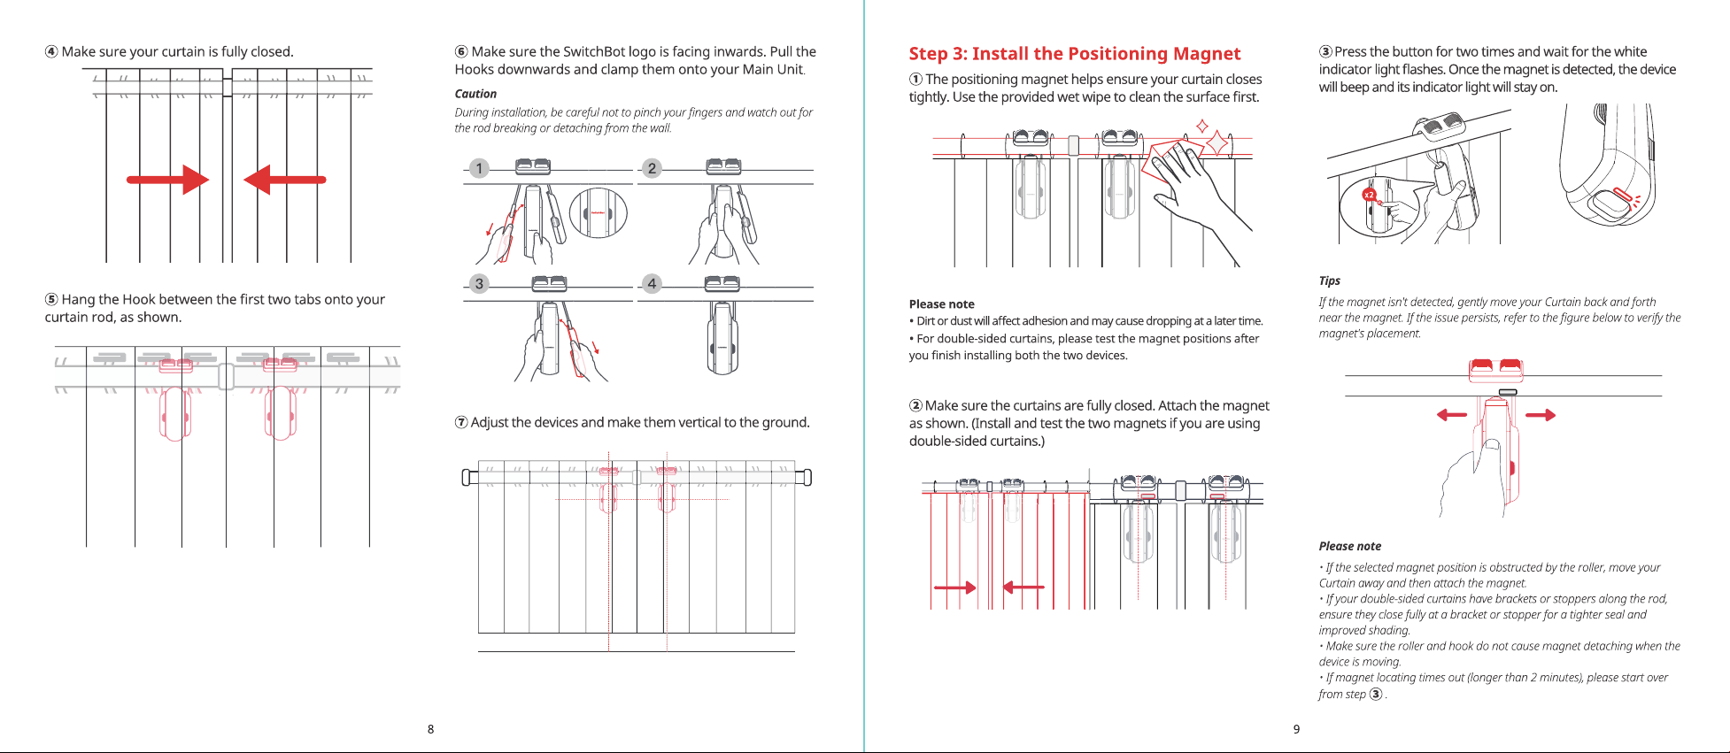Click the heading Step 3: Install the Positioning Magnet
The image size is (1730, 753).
tap(1074, 54)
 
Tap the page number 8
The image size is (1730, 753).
tap(430, 729)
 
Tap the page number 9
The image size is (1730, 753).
tap(1296, 729)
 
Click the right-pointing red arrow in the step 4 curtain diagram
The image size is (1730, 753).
tap(167, 180)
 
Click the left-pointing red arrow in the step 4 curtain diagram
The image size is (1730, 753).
tap(285, 180)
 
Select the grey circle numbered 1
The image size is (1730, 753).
tap(479, 168)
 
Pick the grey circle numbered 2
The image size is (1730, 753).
tap(652, 168)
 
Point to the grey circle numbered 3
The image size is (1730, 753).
tap(479, 284)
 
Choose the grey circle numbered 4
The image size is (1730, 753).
tap(652, 284)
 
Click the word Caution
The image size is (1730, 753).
tap(475, 94)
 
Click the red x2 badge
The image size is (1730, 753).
tap(1369, 195)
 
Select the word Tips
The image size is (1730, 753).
tap(1329, 280)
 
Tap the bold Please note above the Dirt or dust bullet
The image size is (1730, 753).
tap(941, 304)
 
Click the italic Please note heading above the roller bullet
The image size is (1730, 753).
tap(1349, 546)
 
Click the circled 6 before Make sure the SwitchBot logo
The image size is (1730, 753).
tap(461, 52)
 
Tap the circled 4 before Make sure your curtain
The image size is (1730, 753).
tap(51, 52)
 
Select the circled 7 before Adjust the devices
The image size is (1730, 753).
tap(461, 423)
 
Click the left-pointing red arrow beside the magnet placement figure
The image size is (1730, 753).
tap(1452, 414)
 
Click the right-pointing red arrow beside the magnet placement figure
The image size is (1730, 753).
tap(1541, 414)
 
